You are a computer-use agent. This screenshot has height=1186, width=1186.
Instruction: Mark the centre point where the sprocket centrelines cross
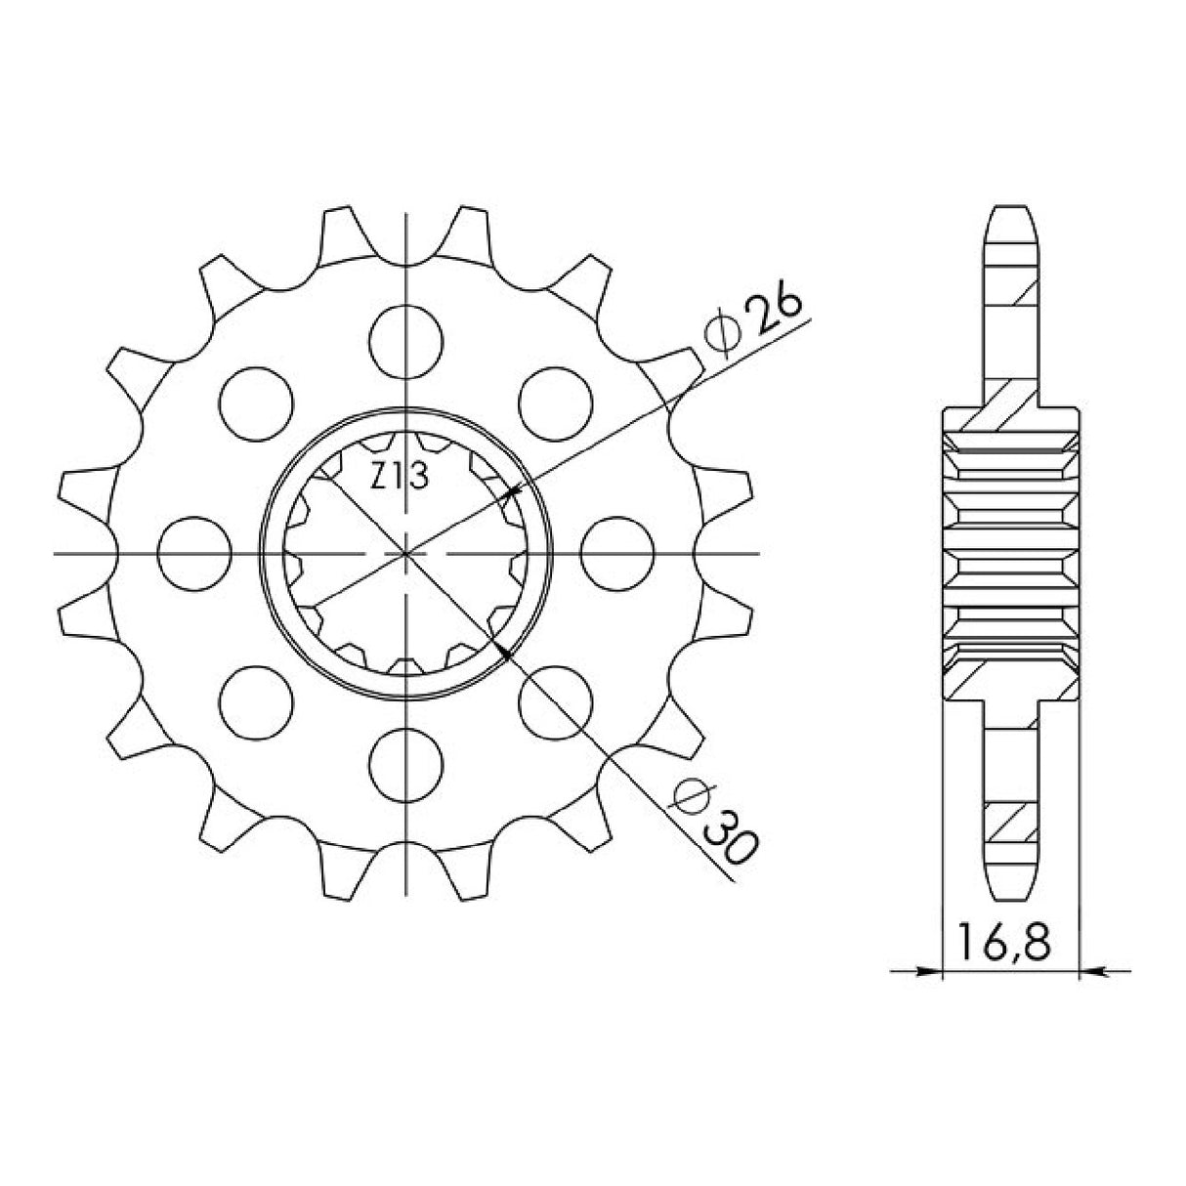(x=406, y=554)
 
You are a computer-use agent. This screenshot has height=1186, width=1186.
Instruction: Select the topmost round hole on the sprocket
(x=406, y=340)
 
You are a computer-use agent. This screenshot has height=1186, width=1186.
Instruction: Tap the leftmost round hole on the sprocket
(x=194, y=553)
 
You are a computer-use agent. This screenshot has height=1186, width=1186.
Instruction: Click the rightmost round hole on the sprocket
(x=617, y=553)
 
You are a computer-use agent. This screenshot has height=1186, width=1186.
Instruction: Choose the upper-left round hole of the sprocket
(x=257, y=402)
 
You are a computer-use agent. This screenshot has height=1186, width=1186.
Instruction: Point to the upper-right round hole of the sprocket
(x=557, y=402)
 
